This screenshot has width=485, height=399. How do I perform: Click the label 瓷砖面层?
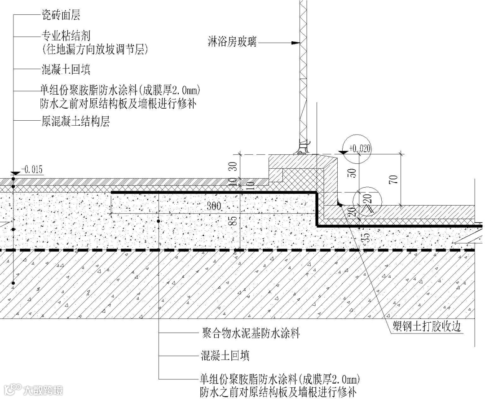(x=60, y=16)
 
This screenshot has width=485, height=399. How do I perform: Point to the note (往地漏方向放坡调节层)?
(x=94, y=48)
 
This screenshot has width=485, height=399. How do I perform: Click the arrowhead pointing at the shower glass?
(x=295, y=44)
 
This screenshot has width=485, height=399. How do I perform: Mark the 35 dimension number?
(x=367, y=237)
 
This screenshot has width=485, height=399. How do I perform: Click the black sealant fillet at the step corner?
(x=340, y=204)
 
